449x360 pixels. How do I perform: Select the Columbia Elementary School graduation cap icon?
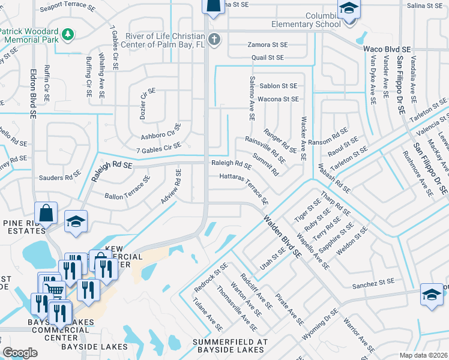(x=348, y=10)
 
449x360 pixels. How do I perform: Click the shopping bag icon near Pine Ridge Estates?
(x=46, y=212)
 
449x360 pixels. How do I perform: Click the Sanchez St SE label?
(x=373, y=281)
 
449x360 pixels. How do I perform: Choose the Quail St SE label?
(x=268, y=58)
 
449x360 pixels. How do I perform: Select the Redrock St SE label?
(x=211, y=278)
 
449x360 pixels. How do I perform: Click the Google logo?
(x=20, y=353)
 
